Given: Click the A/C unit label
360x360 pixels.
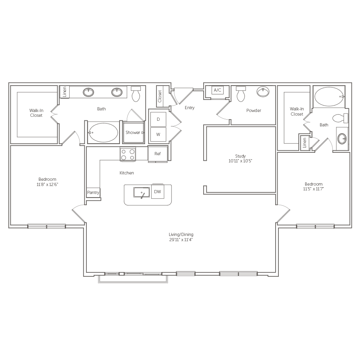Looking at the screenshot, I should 217,90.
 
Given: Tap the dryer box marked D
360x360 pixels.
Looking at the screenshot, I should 158,119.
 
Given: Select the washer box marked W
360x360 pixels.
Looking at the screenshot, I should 158,134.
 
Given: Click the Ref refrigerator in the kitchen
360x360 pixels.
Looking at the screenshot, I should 158,154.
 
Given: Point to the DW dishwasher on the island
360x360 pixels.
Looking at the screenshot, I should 158,192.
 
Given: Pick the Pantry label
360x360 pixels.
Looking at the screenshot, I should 93,192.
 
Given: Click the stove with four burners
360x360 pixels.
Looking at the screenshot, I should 128,154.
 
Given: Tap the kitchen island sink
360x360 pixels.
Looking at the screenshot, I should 142,193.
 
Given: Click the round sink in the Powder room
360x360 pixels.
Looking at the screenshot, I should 262,92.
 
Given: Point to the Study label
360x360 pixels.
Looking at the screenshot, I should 240,156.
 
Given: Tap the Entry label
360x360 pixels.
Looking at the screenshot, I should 189,108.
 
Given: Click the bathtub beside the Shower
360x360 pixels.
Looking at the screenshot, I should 103,132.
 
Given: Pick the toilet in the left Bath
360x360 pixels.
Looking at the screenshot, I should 136,94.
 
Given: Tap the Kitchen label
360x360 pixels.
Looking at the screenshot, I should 126,173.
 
